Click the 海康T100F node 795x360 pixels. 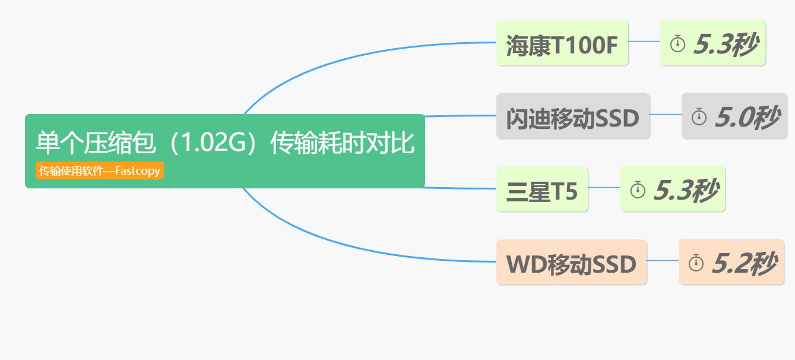pos(562,43)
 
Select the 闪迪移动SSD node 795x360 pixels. pos(572,117)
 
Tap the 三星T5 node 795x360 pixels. pos(541,190)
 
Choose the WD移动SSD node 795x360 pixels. pos(571,263)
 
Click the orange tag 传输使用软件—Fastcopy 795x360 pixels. pos(100,171)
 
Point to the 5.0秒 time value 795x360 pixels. pos(747,117)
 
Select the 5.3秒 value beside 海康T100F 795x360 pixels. pos(725,43)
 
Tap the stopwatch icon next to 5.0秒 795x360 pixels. pos(699,117)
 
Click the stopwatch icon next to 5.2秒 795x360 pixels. pos(696,263)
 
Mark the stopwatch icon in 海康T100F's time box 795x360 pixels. pos(677,43)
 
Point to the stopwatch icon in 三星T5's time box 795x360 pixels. pos(637,190)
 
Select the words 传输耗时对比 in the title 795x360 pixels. pos(342,143)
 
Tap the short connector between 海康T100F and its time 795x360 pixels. pos(644,42)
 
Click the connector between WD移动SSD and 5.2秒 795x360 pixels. pos(663,260)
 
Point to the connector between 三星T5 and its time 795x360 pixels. pos(604,187)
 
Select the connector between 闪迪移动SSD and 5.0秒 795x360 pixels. pos(666,114)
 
